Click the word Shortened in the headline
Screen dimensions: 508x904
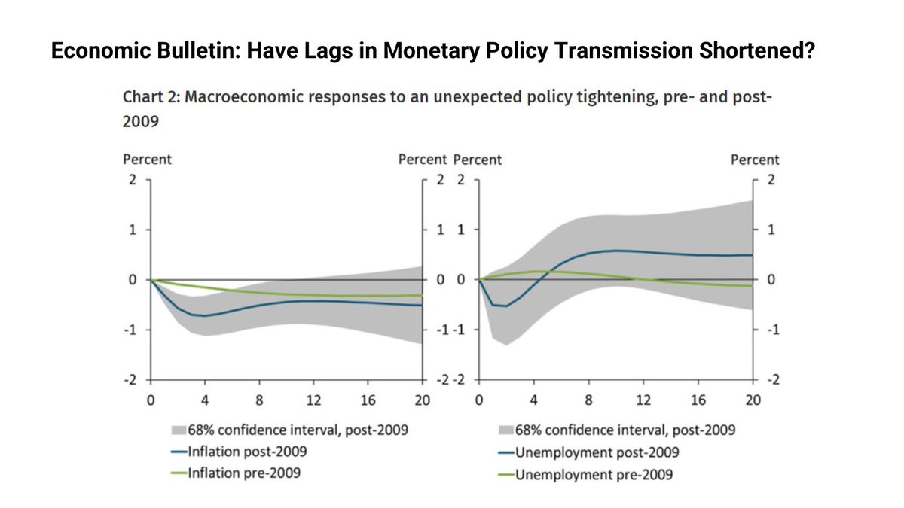[x=741, y=51]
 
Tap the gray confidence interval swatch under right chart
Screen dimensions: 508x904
[x=505, y=430]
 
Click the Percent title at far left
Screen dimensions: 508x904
[x=147, y=160]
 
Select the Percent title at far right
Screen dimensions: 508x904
[x=755, y=160]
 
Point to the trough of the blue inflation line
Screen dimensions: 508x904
[x=205, y=315]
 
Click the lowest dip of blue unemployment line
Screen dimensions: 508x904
[x=505, y=306]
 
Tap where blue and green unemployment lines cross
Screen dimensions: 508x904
[x=544, y=272]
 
